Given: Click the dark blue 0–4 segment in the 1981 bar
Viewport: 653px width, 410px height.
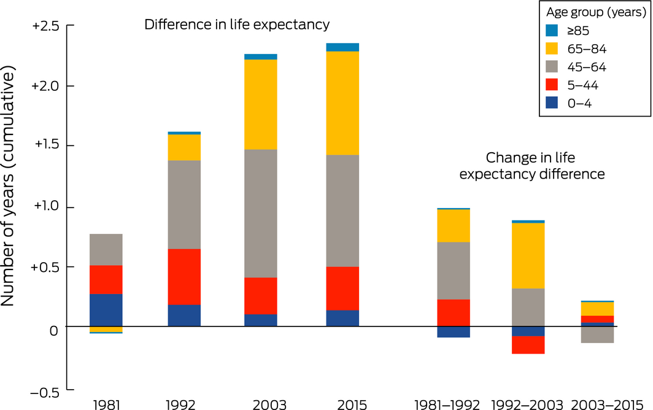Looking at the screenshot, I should tap(106, 310).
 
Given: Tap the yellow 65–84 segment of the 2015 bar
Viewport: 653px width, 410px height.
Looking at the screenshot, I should tap(342, 103).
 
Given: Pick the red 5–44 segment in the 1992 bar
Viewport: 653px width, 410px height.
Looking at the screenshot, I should tap(184, 277).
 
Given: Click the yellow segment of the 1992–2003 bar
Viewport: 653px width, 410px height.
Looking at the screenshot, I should tap(528, 255).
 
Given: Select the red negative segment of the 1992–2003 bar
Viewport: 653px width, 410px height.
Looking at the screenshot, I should tap(528, 345).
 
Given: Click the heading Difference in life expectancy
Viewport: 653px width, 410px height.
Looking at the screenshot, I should tap(237, 25).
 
